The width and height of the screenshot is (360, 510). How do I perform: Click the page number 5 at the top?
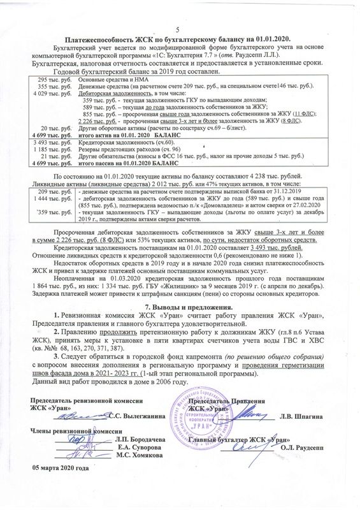178,32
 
